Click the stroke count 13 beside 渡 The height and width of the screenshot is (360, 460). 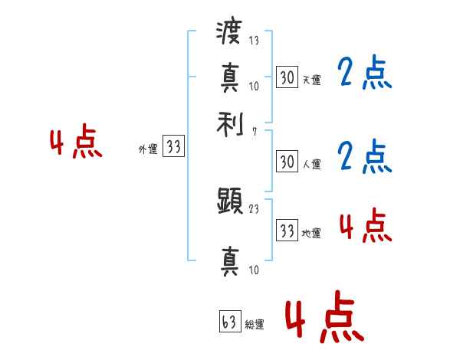click(x=254, y=41)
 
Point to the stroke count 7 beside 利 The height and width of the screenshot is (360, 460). click(x=254, y=132)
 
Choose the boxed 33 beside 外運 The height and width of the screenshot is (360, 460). click(x=174, y=147)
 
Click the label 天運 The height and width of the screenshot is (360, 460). click(x=311, y=79)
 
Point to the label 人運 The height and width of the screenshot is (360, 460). click(x=311, y=164)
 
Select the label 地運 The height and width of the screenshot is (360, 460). click(x=311, y=233)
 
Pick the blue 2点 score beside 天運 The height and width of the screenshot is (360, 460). click(x=364, y=73)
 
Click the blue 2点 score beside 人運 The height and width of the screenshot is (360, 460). click(x=364, y=156)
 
